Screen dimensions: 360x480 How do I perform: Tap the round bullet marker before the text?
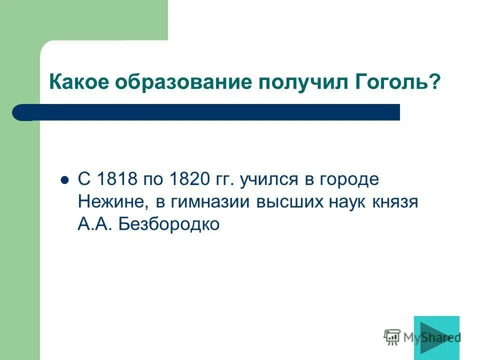click(x=64, y=180)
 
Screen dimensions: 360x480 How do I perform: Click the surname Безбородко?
click(x=169, y=225)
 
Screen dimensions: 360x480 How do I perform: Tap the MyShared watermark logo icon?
click(x=392, y=338)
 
